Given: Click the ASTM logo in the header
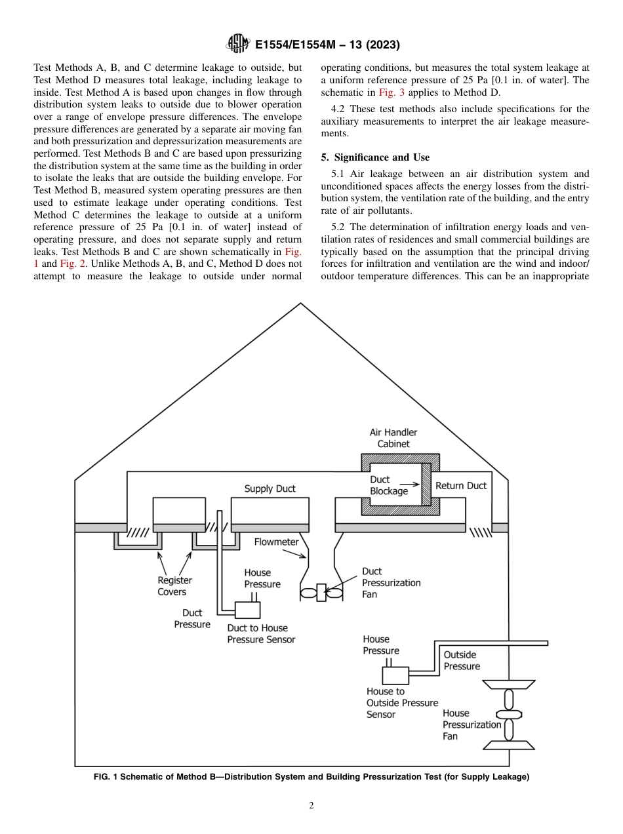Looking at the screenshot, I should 237,45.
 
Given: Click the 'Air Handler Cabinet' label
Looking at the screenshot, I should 393,438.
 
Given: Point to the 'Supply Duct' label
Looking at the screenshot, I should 270,488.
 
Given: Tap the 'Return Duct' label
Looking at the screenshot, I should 461,486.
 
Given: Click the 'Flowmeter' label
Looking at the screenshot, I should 276,542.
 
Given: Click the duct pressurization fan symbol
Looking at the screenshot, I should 321,593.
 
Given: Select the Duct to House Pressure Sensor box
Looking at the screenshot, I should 247,610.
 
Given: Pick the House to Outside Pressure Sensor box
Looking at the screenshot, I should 395,675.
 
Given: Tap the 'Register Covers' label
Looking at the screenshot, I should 174,586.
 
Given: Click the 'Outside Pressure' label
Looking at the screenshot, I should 462,660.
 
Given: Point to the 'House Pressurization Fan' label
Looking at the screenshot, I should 472,725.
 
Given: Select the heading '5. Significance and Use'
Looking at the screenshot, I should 375,157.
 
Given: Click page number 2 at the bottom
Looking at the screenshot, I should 311,806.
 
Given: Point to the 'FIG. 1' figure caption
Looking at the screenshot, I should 311,777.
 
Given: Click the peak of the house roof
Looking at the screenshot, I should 300,304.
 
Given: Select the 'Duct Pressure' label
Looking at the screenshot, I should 192,619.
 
